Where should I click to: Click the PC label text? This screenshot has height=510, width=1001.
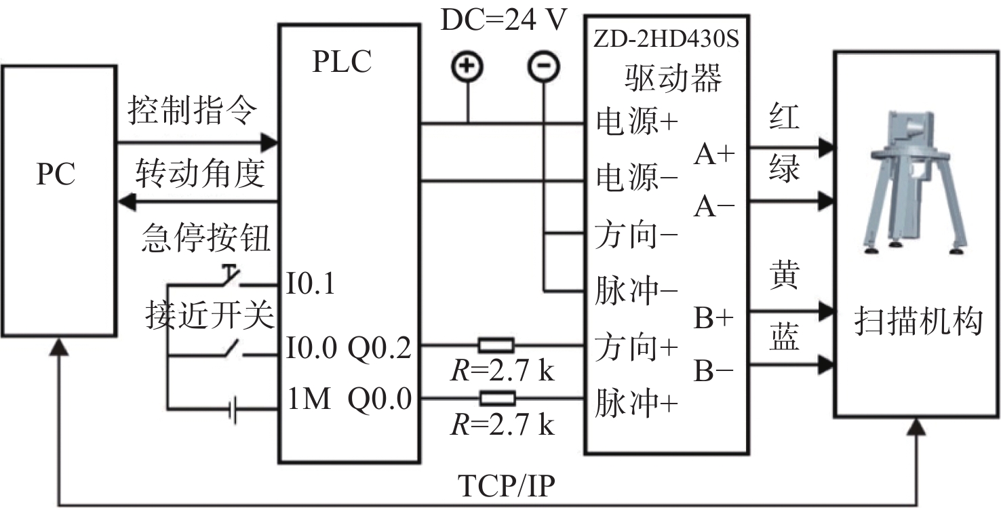(x=56, y=175)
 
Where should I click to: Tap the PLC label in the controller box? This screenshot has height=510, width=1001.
(x=342, y=62)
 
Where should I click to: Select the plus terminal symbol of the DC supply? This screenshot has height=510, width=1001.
(x=467, y=66)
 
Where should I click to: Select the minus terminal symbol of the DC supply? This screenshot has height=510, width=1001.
(x=543, y=66)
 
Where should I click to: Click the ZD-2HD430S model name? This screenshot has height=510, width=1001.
(x=665, y=39)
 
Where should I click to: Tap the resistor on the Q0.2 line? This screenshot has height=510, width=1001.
(x=496, y=345)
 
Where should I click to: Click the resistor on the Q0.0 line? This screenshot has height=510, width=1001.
(x=496, y=398)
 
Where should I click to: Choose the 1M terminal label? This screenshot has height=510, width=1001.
(x=309, y=400)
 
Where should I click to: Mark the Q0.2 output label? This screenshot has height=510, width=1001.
(x=379, y=348)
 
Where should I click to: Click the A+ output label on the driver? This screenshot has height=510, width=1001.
(x=714, y=155)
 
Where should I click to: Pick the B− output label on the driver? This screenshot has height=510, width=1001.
(x=714, y=372)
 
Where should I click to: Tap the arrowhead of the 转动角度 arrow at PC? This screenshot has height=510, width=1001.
(x=125, y=201)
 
